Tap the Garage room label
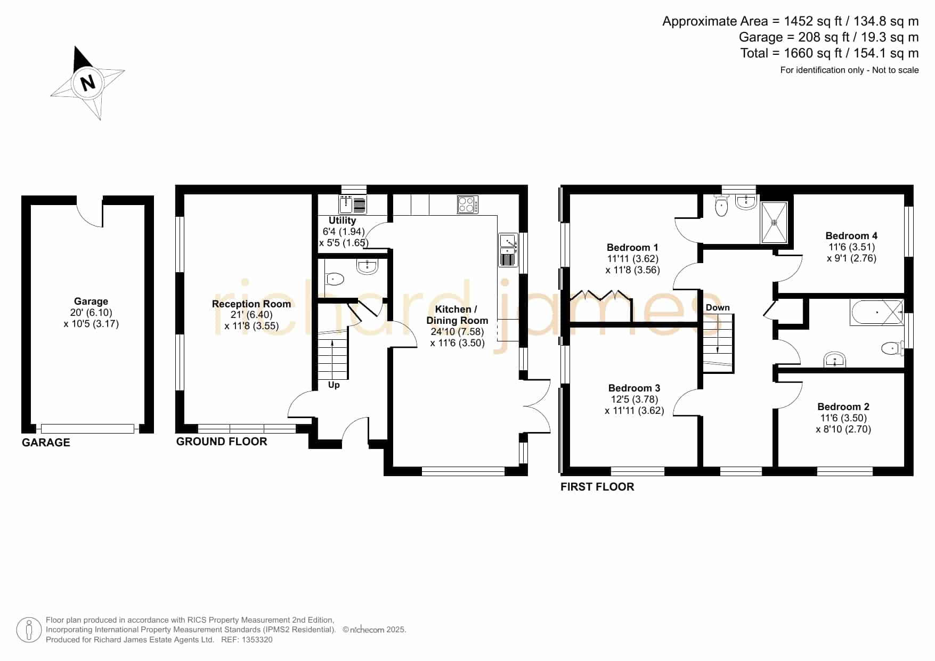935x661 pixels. (91, 301)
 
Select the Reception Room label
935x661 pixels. (251, 304)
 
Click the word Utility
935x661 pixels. (342, 221)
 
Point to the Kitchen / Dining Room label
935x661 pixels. (457, 315)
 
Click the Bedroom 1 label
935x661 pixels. (632, 248)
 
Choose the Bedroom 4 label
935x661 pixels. (851, 236)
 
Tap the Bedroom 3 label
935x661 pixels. (634, 388)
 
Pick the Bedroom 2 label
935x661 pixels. (843, 407)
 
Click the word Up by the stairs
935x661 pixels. (334, 385)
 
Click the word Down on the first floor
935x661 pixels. (718, 308)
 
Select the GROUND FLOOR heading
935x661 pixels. (222, 442)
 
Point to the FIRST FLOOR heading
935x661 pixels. (597, 487)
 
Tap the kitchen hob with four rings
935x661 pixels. (468, 205)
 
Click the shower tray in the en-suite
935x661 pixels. (774, 222)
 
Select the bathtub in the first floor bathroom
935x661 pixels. (877, 313)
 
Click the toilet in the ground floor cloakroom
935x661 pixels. (335, 279)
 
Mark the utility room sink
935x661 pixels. (353, 205)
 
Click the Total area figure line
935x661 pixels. (830, 53)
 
